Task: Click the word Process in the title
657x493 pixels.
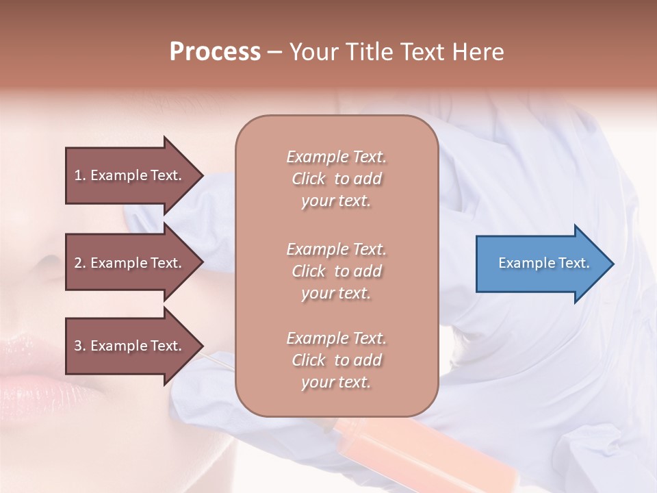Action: (x=215, y=52)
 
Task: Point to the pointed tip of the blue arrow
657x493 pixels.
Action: (x=612, y=264)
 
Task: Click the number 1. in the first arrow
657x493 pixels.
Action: (x=80, y=176)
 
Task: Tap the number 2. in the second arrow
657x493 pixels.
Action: (x=80, y=264)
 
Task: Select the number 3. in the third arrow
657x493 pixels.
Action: (x=80, y=346)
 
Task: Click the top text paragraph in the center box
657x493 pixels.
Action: (x=336, y=179)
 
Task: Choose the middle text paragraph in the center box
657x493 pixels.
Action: (x=336, y=271)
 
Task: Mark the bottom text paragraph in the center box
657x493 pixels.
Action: (x=336, y=360)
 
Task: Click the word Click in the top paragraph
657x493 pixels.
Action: (x=309, y=179)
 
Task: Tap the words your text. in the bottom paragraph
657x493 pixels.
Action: (x=336, y=383)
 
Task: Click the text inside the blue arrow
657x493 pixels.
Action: (x=544, y=264)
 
